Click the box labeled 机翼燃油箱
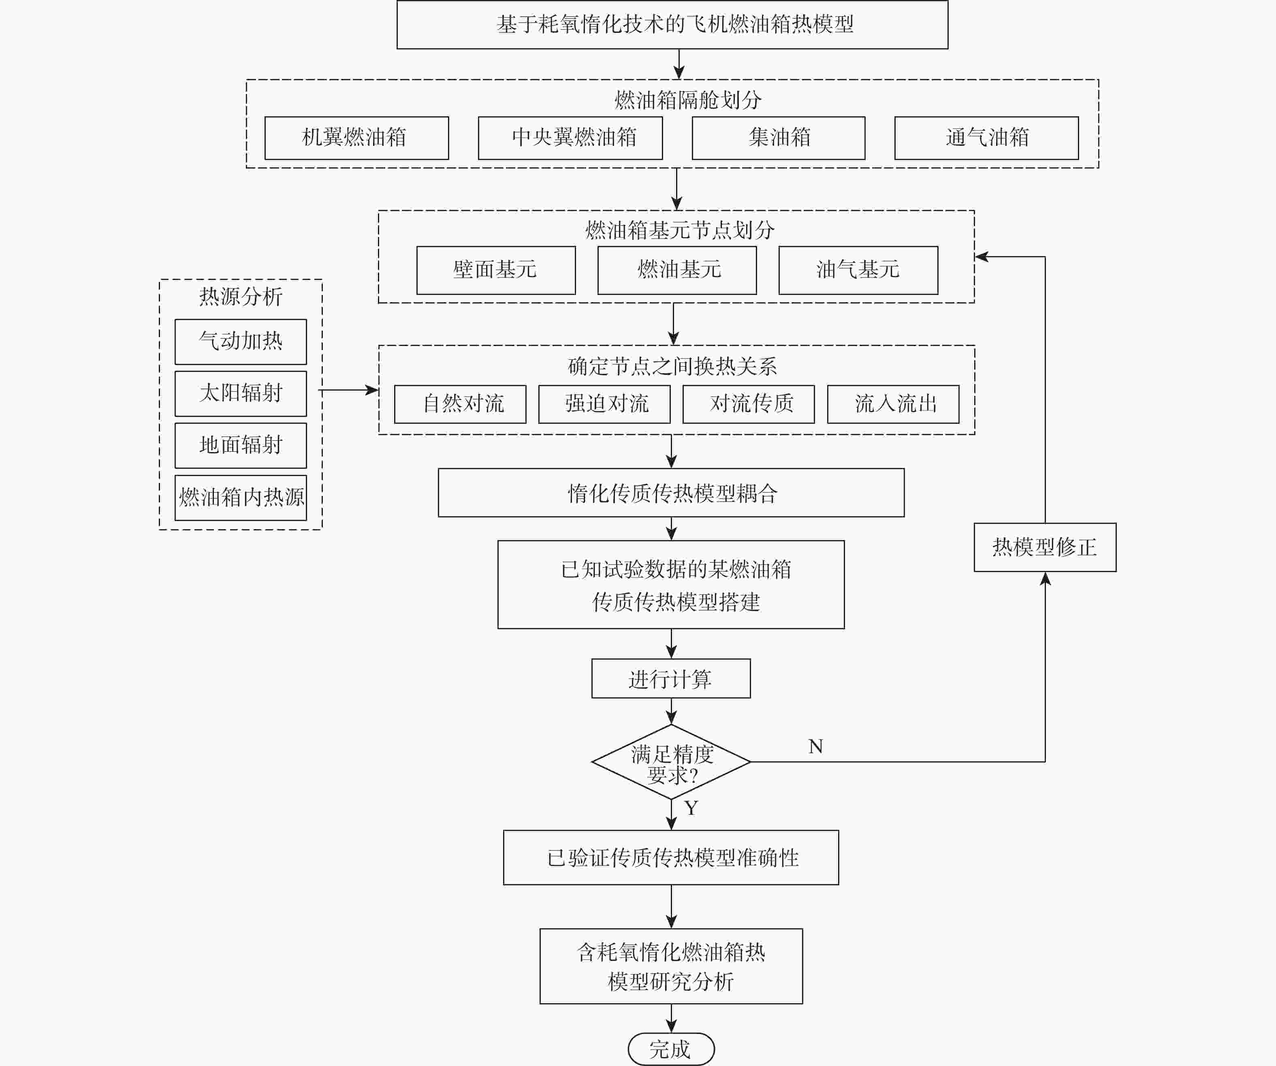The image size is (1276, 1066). pos(356,138)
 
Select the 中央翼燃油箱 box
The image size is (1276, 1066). pos(570,138)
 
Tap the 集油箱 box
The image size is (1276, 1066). pos(779,138)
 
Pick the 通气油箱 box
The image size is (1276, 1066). pos(986,138)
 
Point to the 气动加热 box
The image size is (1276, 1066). pos(241,342)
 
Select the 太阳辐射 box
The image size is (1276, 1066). pos(241,393)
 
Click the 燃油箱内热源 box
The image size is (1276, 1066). pos(241,497)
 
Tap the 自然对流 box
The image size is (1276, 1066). pos(460,404)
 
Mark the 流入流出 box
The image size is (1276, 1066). pos(893,404)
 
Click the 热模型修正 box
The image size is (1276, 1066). pos(1044,547)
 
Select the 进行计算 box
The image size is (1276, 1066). pos(671,678)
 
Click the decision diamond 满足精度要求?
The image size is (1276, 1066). pos(671,762)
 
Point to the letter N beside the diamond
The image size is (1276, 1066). pos(815,746)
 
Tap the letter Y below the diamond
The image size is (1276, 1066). pos(691,808)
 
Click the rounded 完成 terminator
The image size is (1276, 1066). pos(671,1049)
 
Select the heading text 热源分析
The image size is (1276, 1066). pos(241,297)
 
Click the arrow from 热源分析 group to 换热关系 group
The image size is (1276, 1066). pos(349,390)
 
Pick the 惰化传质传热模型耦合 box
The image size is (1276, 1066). pos(671,493)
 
